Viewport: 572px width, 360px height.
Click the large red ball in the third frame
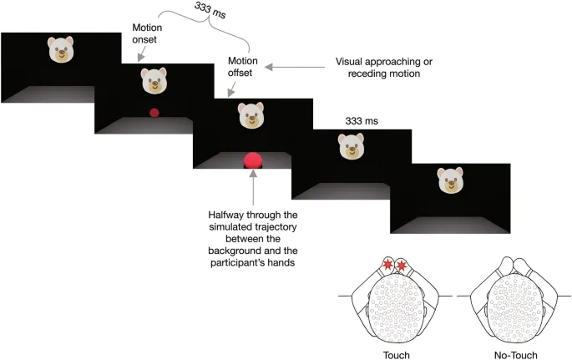click(x=252, y=160)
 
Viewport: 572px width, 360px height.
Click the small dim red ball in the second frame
click(x=154, y=113)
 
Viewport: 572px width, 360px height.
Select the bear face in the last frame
click(x=450, y=180)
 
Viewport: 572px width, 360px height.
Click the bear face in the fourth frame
click(x=352, y=148)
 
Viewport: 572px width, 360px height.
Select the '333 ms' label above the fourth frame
click(x=362, y=122)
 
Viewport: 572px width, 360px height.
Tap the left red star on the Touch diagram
click(x=387, y=266)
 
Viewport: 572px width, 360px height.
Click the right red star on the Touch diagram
click(x=402, y=266)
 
